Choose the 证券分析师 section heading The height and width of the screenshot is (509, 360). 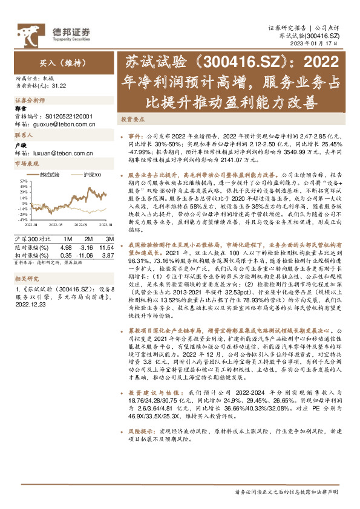click(x=30, y=100)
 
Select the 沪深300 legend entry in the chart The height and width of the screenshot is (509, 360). click(x=91, y=175)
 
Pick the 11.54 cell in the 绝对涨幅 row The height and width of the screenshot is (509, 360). click(x=105, y=239)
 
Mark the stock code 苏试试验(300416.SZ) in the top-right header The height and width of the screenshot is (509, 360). click(x=318, y=36)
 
